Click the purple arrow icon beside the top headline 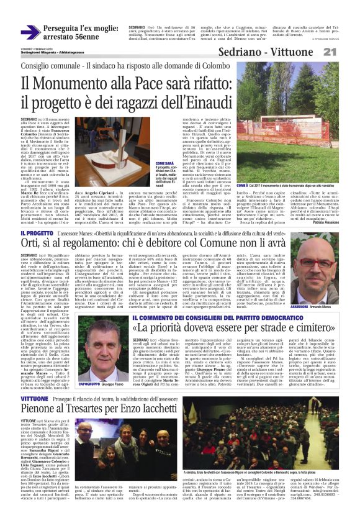pos(30,32)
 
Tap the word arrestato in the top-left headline pos(65,37)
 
